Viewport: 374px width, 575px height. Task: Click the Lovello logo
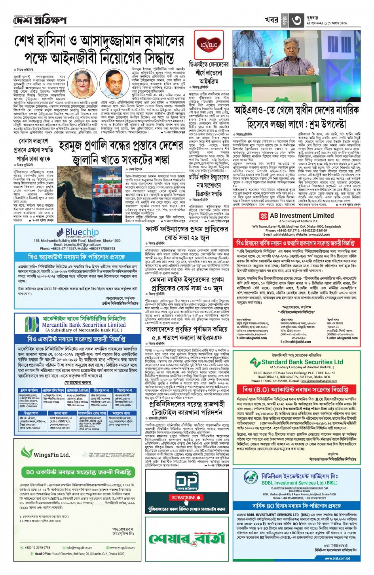[x=209, y=44]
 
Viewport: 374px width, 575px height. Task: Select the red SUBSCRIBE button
[x=186, y=497]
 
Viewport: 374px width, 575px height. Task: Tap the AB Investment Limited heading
[x=302, y=216]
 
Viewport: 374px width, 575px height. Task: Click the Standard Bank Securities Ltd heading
[x=302, y=362]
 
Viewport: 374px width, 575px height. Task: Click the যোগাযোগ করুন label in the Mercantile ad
[x=78, y=383]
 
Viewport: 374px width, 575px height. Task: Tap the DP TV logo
[x=186, y=480]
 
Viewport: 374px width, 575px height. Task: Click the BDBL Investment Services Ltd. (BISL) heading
[x=300, y=483]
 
